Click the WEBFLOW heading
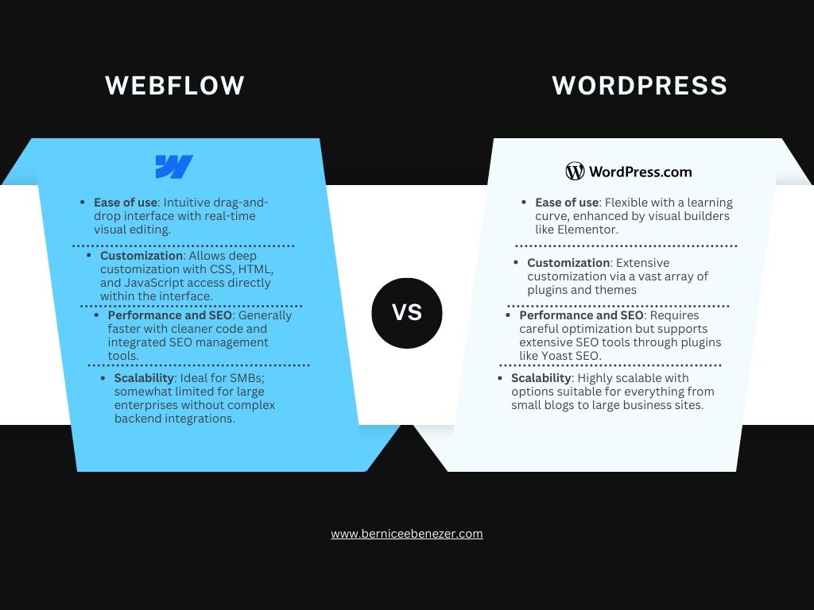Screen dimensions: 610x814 tap(175, 85)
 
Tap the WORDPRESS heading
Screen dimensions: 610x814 tap(639, 85)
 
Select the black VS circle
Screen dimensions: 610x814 tap(406, 312)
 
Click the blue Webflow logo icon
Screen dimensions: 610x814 tap(174, 167)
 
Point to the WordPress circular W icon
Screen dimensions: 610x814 tap(575, 171)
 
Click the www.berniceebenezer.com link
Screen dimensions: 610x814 tap(406, 534)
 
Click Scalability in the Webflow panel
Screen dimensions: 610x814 tap(144, 378)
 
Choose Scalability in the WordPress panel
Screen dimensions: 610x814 tap(541, 378)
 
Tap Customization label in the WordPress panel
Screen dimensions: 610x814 tap(568, 263)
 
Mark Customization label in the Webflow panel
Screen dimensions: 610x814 tap(141, 256)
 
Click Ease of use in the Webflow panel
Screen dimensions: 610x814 tap(126, 203)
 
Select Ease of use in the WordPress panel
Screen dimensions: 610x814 tap(567, 203)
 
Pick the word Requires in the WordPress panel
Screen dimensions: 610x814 tap(674, 315)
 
